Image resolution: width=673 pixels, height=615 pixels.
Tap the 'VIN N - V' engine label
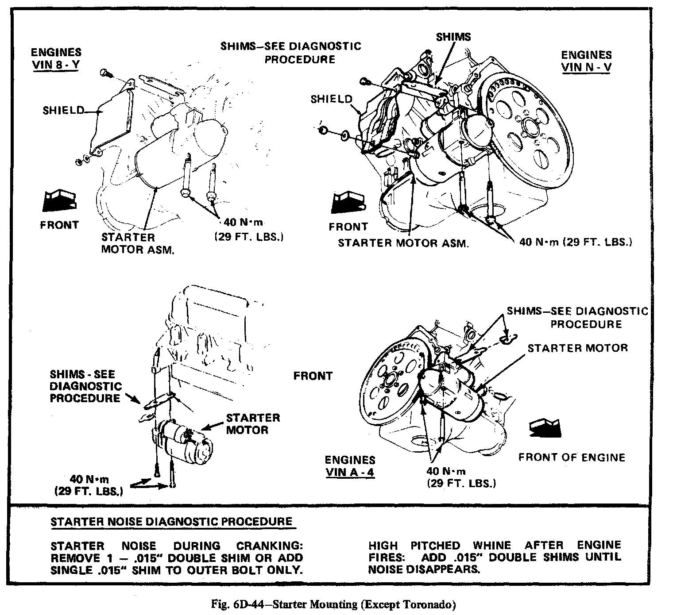[586, 67]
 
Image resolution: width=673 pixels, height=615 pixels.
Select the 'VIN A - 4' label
[350, 472]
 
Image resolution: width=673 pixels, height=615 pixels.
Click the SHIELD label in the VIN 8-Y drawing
[63, 110]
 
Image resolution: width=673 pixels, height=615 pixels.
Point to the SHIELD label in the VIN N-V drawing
[331, 99]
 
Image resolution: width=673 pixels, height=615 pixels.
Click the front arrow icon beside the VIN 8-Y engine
[59, 200]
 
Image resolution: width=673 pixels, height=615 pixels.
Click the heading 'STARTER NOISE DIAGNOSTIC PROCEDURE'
[172, 521]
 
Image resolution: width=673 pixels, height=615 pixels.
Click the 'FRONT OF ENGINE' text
[572, 457]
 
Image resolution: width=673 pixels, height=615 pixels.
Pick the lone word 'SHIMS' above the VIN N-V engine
[453, 37]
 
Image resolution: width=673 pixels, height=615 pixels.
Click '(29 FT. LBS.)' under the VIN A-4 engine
[461, 483]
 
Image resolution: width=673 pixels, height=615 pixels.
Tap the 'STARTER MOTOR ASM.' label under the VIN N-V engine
[403, 243]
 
